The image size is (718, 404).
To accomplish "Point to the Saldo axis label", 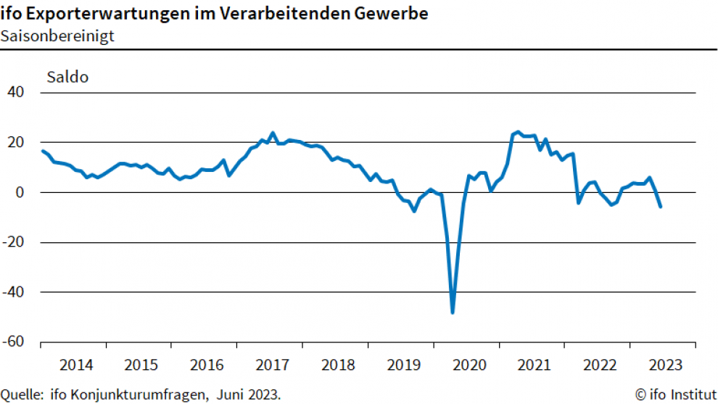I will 67,77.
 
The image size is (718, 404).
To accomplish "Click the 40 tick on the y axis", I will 15,93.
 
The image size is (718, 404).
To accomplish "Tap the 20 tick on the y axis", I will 15,143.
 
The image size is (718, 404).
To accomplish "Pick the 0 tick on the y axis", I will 20,193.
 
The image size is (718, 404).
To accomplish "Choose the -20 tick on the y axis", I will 14,243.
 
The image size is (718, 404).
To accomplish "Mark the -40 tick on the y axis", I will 14,292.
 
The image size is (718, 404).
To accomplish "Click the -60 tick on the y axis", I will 14,342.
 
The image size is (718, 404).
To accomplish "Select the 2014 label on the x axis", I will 76,364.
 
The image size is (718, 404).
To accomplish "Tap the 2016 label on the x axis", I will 207,364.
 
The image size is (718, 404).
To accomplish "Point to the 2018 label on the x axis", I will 338,364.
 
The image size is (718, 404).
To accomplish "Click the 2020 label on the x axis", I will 469,364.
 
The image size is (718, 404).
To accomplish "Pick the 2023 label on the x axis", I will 665,364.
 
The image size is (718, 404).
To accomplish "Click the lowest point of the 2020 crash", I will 453,313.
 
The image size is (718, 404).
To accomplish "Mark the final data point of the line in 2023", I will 660,207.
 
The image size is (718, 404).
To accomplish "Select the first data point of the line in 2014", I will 43,151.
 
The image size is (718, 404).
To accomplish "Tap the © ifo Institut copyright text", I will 672,395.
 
